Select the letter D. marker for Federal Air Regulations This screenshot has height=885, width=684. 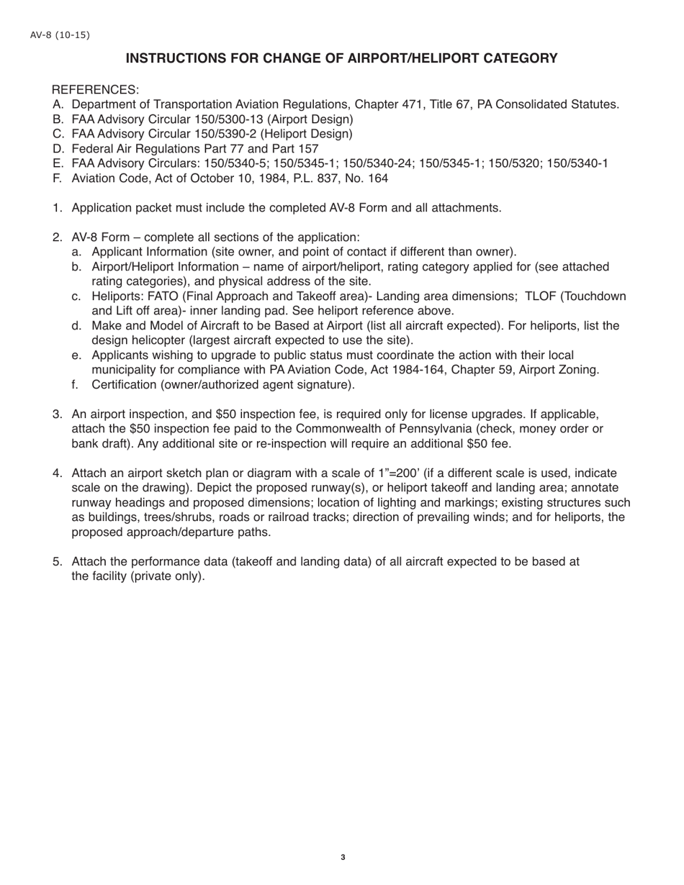(x=58, y=149)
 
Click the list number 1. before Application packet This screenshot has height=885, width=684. (x=58, y=208)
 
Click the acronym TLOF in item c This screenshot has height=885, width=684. (x=541, y=296)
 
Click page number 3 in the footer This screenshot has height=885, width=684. (x=343, y=857)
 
